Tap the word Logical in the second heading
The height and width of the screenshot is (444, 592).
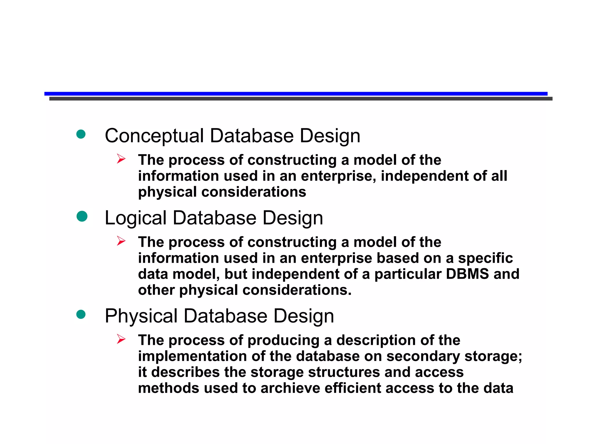(136, 218)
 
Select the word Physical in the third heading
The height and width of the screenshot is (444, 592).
(141, 316)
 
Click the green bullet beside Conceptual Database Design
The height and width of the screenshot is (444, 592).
(81, 134)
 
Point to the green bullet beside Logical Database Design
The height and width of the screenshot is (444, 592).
(82, 216)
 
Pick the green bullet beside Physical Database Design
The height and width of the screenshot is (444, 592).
(81, 314)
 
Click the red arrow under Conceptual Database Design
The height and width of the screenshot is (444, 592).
(121, 159)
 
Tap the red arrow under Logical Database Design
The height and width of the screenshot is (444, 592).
(121, 241)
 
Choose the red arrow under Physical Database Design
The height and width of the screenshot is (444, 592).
(121, 339)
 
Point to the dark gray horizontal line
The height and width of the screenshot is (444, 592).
(301, 99)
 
